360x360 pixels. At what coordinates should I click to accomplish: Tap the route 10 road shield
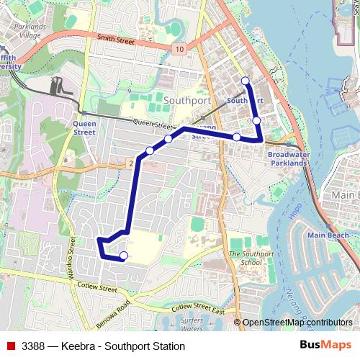178,48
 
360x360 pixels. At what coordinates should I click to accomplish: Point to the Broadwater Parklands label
288,158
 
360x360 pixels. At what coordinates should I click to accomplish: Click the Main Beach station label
328,235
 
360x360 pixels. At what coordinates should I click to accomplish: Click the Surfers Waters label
192,323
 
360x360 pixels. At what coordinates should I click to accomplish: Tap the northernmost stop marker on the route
246,81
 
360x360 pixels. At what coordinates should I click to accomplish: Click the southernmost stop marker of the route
123,256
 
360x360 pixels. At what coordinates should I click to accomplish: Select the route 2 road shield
130,164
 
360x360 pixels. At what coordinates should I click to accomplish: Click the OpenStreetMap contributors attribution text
297,323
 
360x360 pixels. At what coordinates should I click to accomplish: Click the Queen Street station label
84,127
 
